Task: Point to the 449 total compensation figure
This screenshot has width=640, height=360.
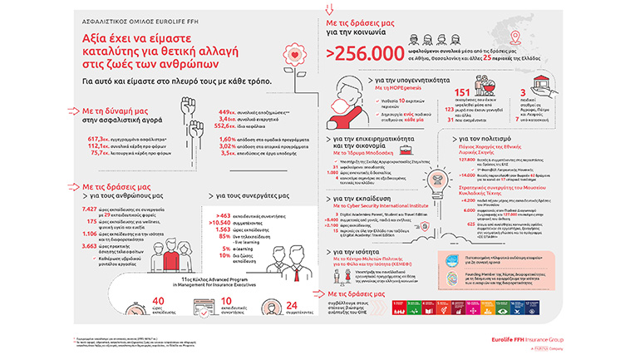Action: pyautogui.click(x=227, y=112)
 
